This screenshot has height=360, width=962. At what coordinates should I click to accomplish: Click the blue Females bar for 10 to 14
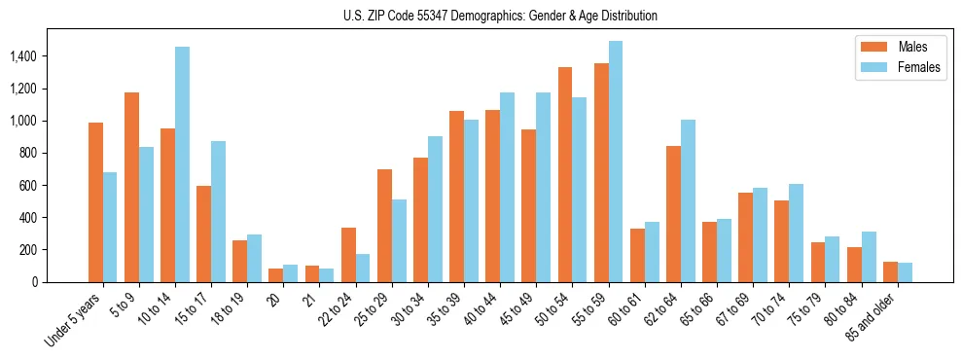tap(183, 164)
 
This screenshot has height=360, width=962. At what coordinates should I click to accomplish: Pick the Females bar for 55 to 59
tap(616, 162)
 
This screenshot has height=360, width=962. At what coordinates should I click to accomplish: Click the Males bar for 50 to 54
tap(565, 175)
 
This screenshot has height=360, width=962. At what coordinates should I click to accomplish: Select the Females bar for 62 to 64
tap(688, 200)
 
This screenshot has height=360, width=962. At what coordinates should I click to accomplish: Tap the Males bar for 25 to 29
tap(384, 226)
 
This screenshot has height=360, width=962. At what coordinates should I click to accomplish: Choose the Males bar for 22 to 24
tap(348, 255)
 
